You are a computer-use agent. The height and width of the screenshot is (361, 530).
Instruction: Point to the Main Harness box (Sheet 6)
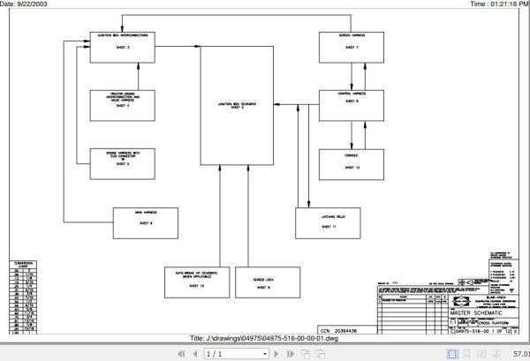pyautogui.click(x=146, y=219)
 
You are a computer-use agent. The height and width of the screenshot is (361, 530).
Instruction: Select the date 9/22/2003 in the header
pyautogui.click(x=26, y=4)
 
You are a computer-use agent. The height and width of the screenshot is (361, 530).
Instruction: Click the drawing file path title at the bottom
pyautogui.click(x=264, y=338)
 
